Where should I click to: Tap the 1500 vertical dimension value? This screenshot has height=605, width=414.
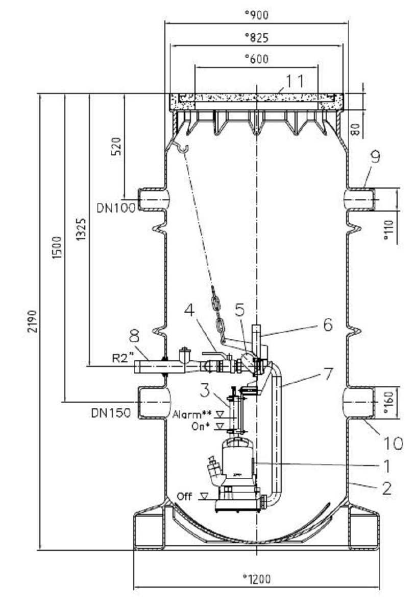[x=57, y=248]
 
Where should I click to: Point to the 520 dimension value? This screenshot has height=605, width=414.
[x=117, y=146]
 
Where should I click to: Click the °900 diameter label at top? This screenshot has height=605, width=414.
[x=256, y=15]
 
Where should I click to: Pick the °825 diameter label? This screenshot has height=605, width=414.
[x=256, y=37]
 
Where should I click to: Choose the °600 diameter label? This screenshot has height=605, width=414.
[x=256, y=59]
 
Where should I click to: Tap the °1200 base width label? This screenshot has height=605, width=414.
[x=256, y=579]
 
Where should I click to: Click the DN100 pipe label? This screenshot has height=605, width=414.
[x=116, y=208]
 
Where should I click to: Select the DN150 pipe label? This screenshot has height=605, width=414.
[x=111, y=413]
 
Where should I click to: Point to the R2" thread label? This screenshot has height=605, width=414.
[x=122, y=358]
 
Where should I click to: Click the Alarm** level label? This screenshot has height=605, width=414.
[x=192, y=415]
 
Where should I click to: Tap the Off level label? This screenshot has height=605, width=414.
[x=184, y=496]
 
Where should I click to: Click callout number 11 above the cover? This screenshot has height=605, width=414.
[x=294, y=81]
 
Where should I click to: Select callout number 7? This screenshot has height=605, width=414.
[x=328, y=374]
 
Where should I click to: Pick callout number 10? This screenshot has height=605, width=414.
[x=393, y=444]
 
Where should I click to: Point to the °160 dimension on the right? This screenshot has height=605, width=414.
[x=388, y=402]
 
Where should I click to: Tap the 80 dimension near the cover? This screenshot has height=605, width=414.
[x=356, y=129]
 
